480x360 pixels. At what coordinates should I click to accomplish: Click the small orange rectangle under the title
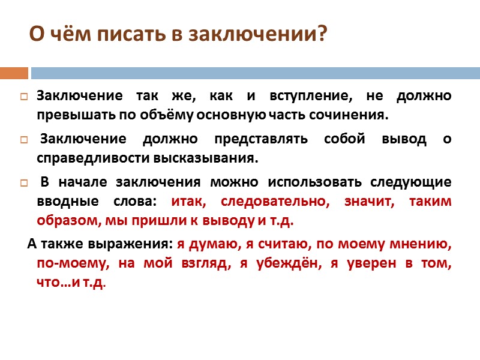14,73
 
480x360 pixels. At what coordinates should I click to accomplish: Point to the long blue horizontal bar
255,73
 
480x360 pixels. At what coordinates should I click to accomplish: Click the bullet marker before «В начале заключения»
24,183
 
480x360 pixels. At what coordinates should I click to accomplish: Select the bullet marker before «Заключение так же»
24,96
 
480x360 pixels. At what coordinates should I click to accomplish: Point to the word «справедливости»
82,158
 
